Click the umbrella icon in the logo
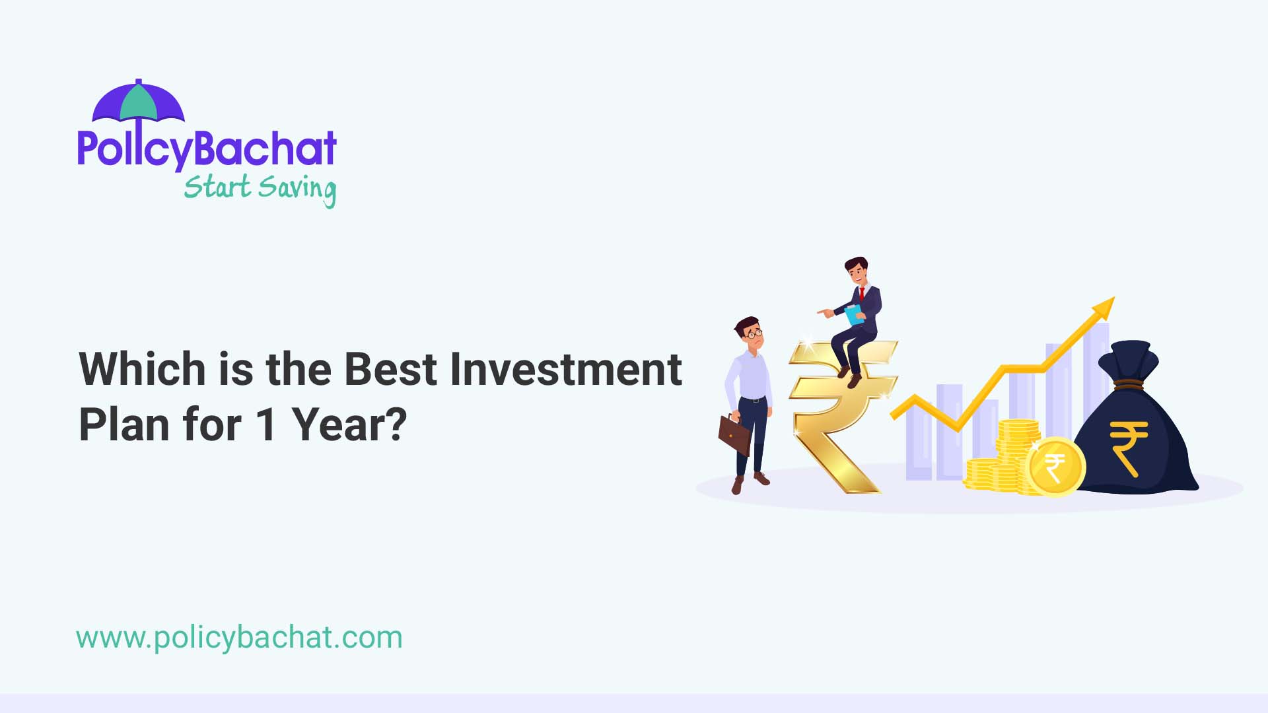[x=139, y=102]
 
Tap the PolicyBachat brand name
[x=207, y=149]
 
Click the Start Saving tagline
[x=260, y=189]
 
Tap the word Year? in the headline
[x=349, y=424]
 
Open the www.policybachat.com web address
[x=239, y=638]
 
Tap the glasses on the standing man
[x=754, y=334]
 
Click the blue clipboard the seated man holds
[x=855, y=314]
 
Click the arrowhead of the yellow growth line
[x=1104, y=308]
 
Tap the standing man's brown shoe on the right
[x=761, y=479]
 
